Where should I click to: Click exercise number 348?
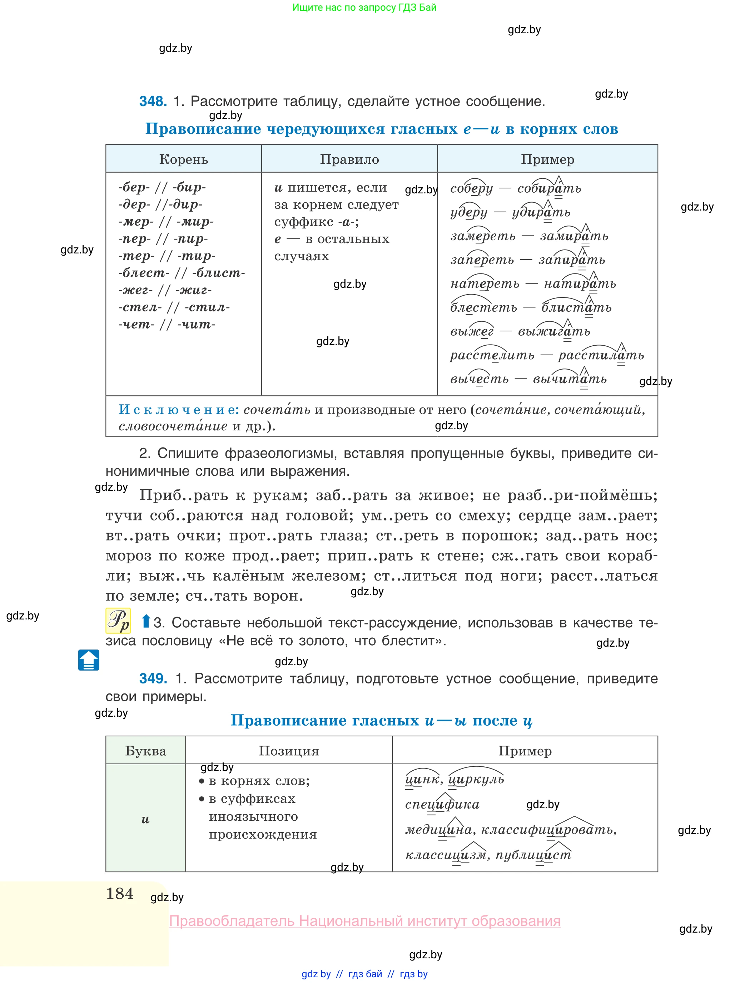(x=153, y=102)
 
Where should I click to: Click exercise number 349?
(x=153, y=678)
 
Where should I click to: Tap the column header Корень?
(x=183, y=159)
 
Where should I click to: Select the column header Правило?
(x=349, y=159)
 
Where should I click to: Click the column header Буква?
(x=145, y=751)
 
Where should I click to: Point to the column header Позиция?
(x=289, y=751)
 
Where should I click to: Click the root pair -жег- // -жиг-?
(x=165, y=290)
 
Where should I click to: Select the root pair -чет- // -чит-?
(x=167, y=325)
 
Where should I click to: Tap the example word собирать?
(x=549, y=189)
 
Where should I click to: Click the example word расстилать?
(x=601, y=355)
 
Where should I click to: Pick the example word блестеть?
(x=483, y=308)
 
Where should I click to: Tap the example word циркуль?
(x=476, y=779)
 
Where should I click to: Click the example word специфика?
(x=442, y=804)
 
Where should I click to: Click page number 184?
(x=120, y=894)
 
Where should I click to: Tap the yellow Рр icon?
(x=118, y=621)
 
